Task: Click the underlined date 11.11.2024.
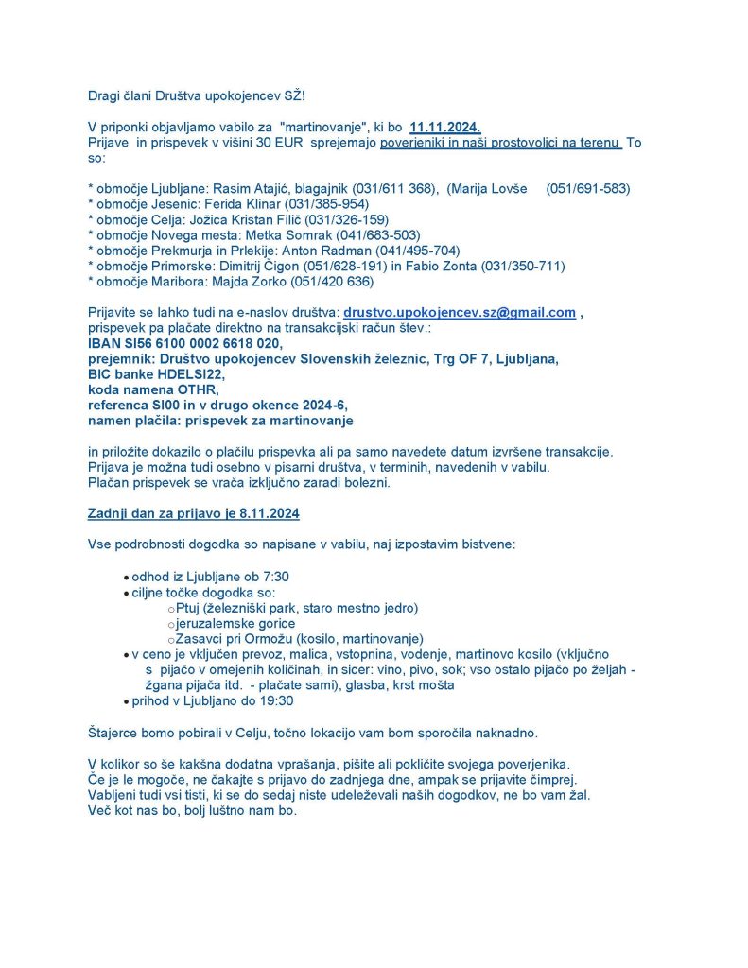point(445,127)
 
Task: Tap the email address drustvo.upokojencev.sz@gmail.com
point(460,312)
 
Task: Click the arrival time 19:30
point(274,700)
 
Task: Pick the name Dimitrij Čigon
point(274,266)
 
